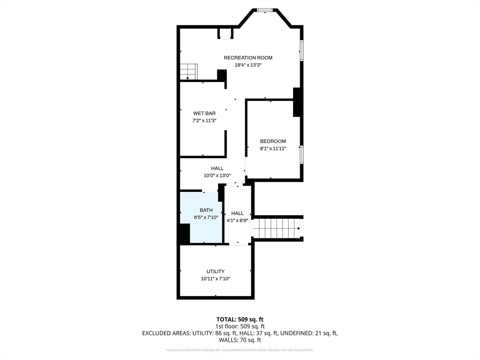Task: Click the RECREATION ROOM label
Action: pos(248,58)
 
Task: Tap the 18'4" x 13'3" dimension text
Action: pos(248,65)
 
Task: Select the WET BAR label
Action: pos(204,113)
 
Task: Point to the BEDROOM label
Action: pos(273,141)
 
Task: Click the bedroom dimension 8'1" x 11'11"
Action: pos(273,149)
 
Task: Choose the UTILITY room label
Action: pos(216,271)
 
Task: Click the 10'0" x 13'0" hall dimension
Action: pos(217,175)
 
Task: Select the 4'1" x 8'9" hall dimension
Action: pos(237,220)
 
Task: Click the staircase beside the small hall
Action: pos(277,228)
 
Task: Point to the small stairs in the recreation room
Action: pos(188,72)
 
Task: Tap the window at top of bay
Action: pos(265,10)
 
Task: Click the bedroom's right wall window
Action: pos(301,155)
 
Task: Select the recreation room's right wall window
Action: pos(301,51)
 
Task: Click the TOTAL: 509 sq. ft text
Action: pos(240,320)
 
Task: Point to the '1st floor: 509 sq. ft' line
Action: pos(240,326)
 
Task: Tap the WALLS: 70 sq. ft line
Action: pos(240,340)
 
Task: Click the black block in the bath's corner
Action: pos(185,233)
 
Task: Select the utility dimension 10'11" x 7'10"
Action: pos(216,278)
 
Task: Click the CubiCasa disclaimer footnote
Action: pos(240,350)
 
